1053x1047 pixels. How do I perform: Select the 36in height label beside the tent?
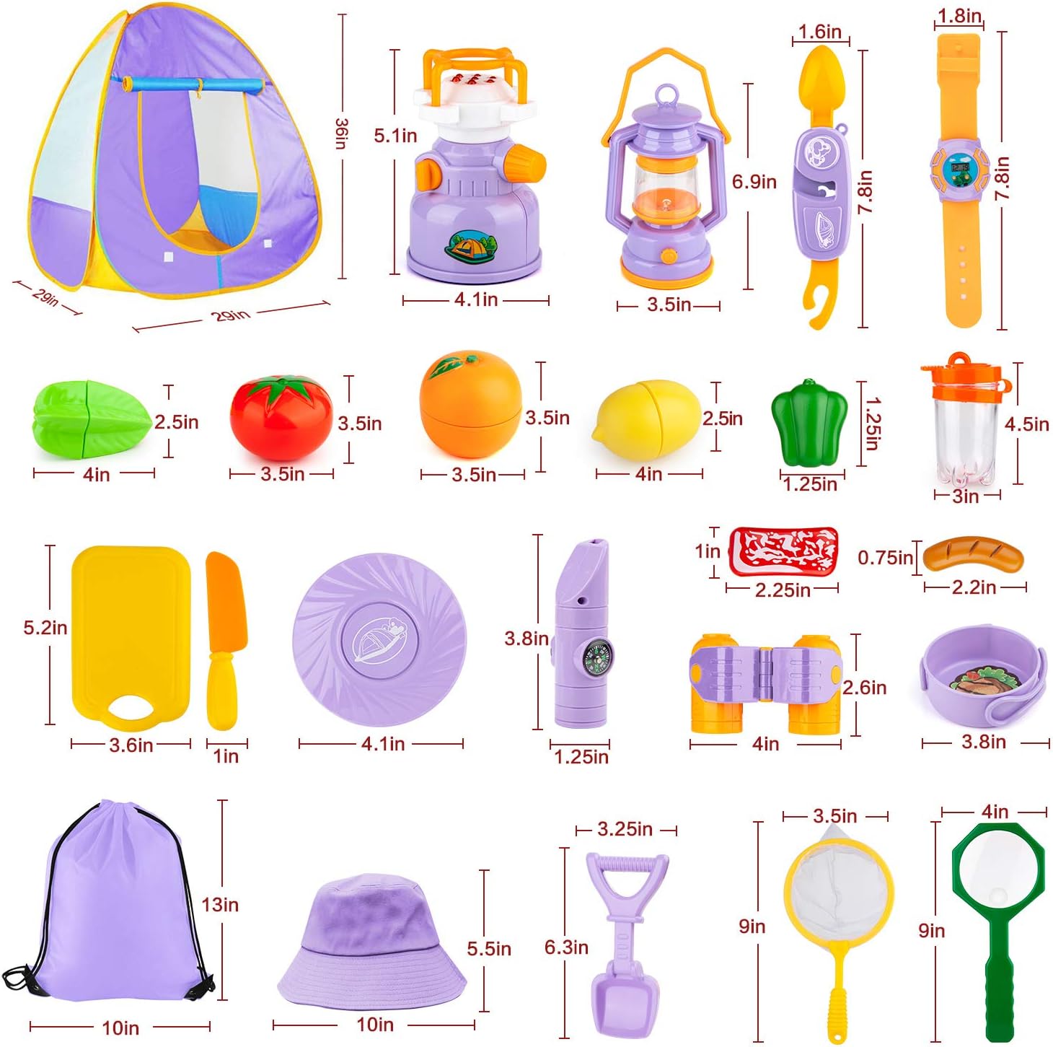pyautogui.click(x=341, y=133)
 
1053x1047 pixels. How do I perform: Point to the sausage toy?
pyautogui.click(x=973, y=554)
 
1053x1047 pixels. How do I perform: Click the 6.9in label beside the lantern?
pyautogui.click(x=754, y=182)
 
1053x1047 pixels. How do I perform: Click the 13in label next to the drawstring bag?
pyautogui.click(x=219, y=904)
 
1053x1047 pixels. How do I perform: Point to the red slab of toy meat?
pyautogui.click(x=783, y=551)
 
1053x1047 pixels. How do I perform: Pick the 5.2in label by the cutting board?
pyautogui.click(x=45, y=628)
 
